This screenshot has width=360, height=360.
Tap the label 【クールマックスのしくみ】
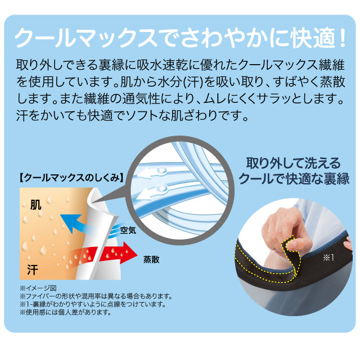click(72, 177)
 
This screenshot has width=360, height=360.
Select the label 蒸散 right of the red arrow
click(152, 259)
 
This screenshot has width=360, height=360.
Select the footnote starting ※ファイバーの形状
click(95, 296)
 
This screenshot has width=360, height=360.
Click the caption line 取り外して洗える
click(294, 164)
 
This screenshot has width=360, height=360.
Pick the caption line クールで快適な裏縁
click(294, 179)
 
